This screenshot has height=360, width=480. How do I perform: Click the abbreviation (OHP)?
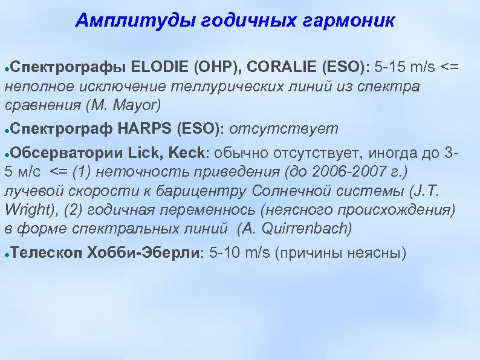click(x=213, y=66)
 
